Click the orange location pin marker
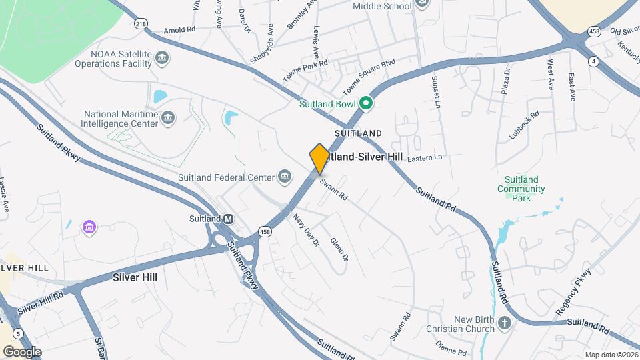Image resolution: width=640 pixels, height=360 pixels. (x=319, y=159)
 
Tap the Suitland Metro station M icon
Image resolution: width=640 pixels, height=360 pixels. (x=228, y=219)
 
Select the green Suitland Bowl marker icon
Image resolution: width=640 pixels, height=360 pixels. (x=365, y=104)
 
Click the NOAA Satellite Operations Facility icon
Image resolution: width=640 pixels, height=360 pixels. (x=161, y=59)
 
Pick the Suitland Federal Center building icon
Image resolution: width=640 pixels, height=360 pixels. (x=285, y=177)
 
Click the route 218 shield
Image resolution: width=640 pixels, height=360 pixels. (x=141, y=24)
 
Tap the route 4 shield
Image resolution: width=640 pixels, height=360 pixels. (x=593, y=61)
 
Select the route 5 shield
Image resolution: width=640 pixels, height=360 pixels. (x=17, y=333)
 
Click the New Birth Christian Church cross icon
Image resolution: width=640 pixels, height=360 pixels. (x=505, y=324)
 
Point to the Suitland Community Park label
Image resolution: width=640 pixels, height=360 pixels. (x=521, y=189)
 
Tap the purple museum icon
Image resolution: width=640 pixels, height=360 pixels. (x=89, y=228)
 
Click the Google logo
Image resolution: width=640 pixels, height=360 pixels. (x=22, y=352)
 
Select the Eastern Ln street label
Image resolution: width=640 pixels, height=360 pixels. (x=425, y=158)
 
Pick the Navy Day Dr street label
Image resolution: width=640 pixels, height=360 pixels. (x=307, y=229)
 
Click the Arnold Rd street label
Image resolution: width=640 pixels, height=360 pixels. (x=179, y=31)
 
